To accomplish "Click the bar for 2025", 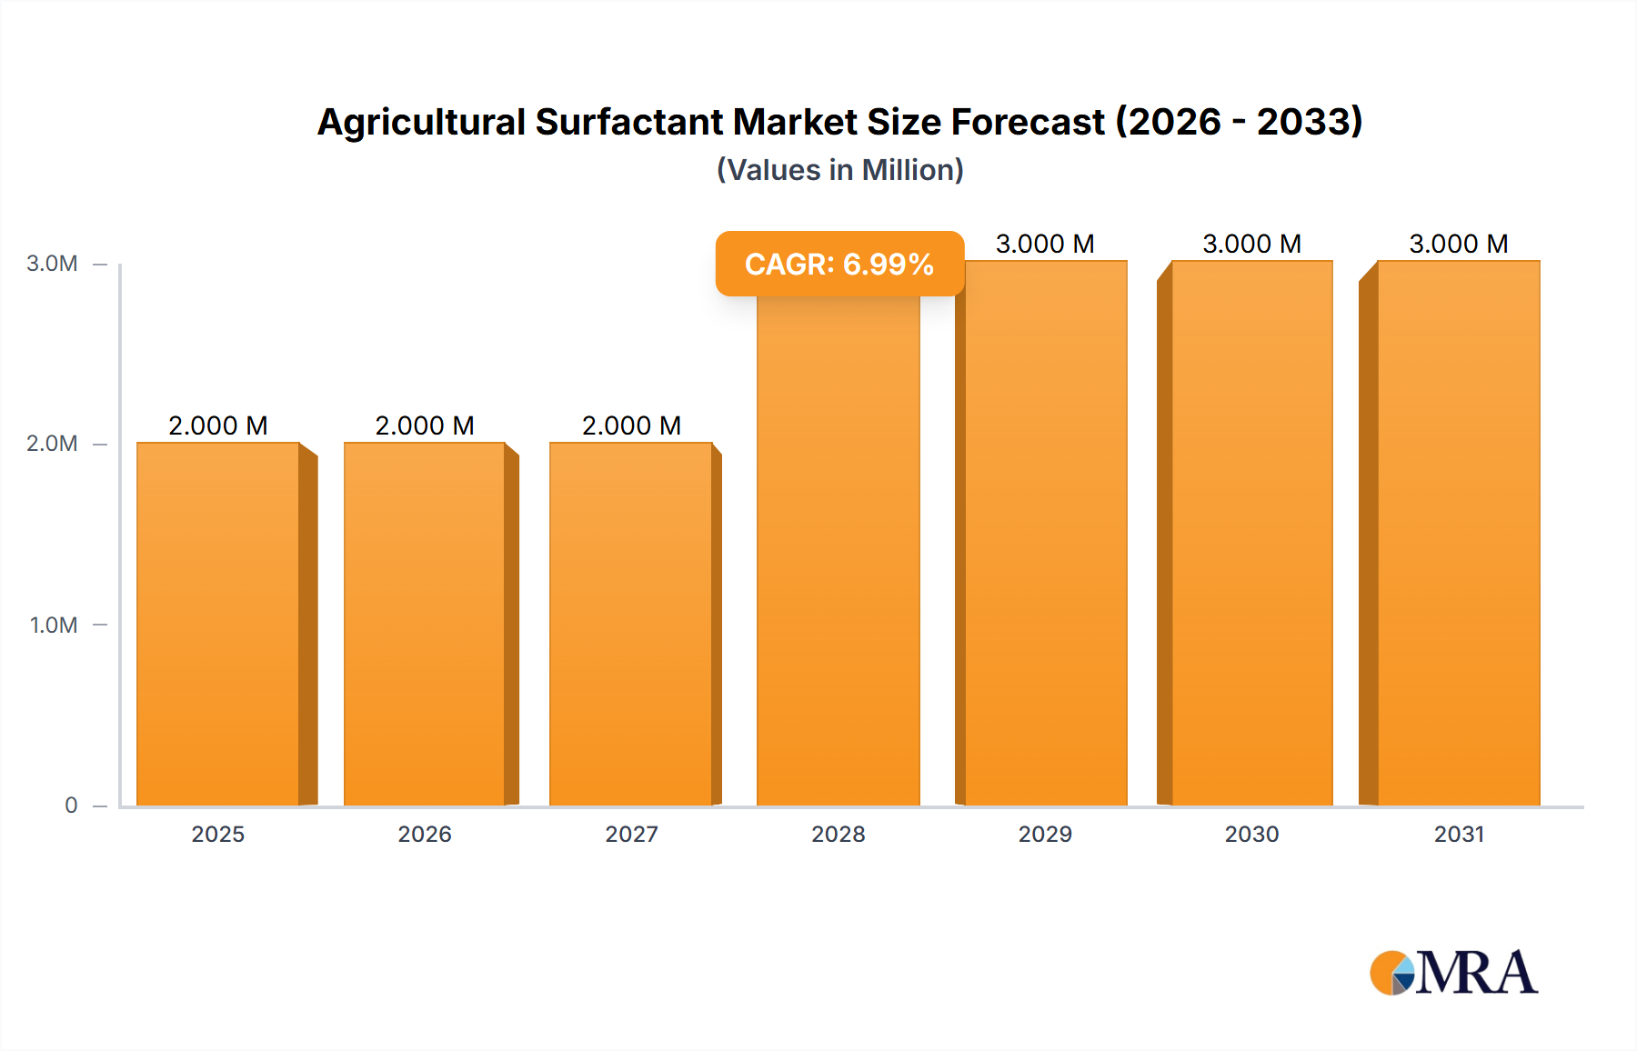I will coord(218,624).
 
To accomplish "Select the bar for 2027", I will coord(631,624).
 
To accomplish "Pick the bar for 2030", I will coord(1252,533).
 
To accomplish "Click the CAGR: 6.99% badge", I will coord(839,264).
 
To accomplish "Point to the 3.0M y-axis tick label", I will coord(52,264).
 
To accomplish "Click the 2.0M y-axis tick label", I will coord(52,444).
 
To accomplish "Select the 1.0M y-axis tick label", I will coord(53,625).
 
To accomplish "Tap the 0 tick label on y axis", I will coord(71,805).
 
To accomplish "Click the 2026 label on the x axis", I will coord(425,834).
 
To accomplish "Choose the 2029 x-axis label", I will coord(1045,834).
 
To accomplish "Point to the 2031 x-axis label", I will coord(1459,834).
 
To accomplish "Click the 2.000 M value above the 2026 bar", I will coord(425,425).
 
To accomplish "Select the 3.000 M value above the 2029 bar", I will coord(1045,244).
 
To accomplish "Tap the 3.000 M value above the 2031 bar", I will coord(1459,244).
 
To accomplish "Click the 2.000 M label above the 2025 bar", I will coord(218,425).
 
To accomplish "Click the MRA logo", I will coord(1453,973).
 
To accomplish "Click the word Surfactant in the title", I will coord(628,122).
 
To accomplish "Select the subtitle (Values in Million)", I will coord(839,170).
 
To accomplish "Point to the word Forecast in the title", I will coord(1028,122).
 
